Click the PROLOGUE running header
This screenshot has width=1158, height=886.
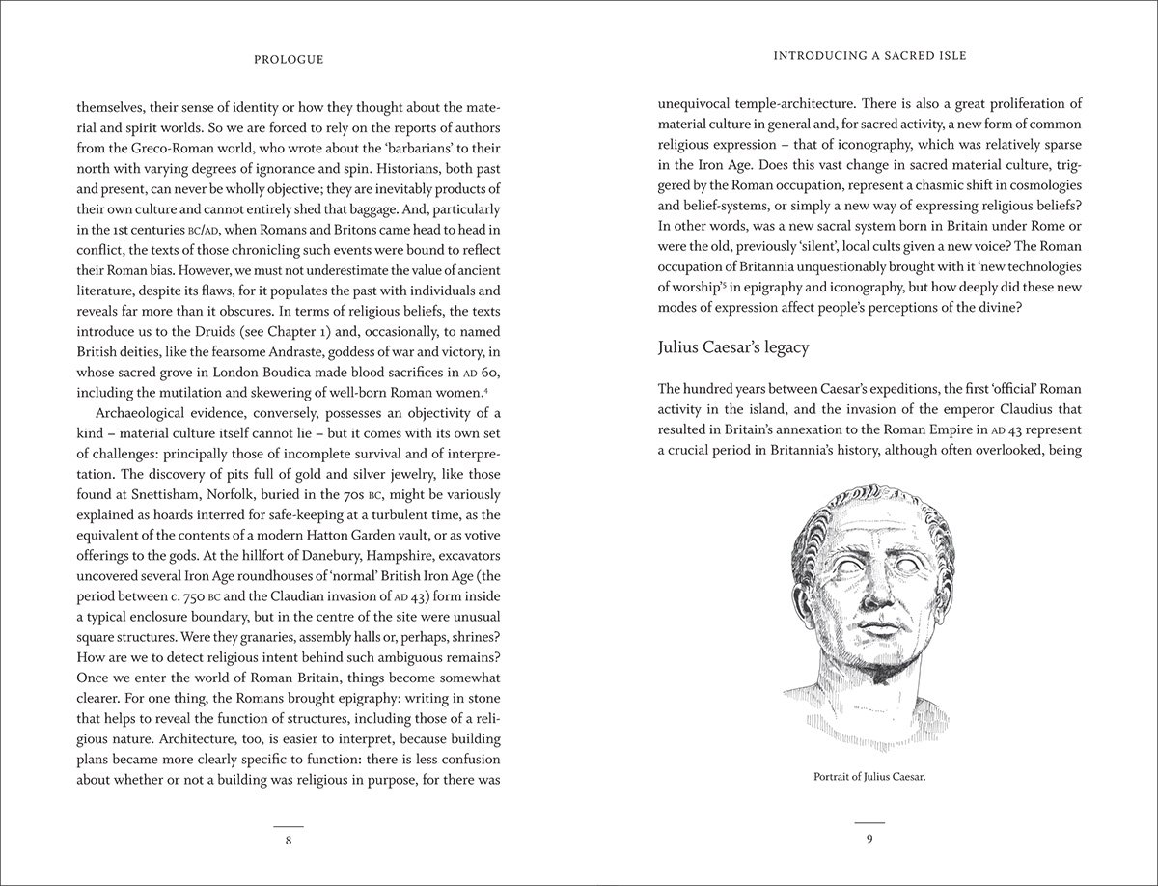(x=289, y=59)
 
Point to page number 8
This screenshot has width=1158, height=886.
(x=289, y=840)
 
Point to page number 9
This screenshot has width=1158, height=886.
(x=869, y=840)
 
